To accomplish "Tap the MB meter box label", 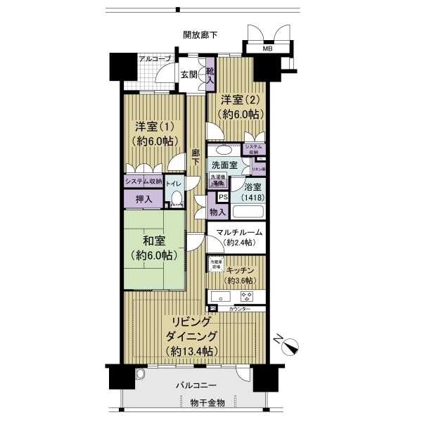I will pyautogui.click(x=267, y=49).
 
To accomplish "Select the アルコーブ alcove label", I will pyautogui.click(x=154, y=58).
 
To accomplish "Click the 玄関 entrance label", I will pyautogui.click(x=188, y=75).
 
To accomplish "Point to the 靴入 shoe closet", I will pyautogui.click(x=210, y=74).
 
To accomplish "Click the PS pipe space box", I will pyautogui.click(x=222, y=198).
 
